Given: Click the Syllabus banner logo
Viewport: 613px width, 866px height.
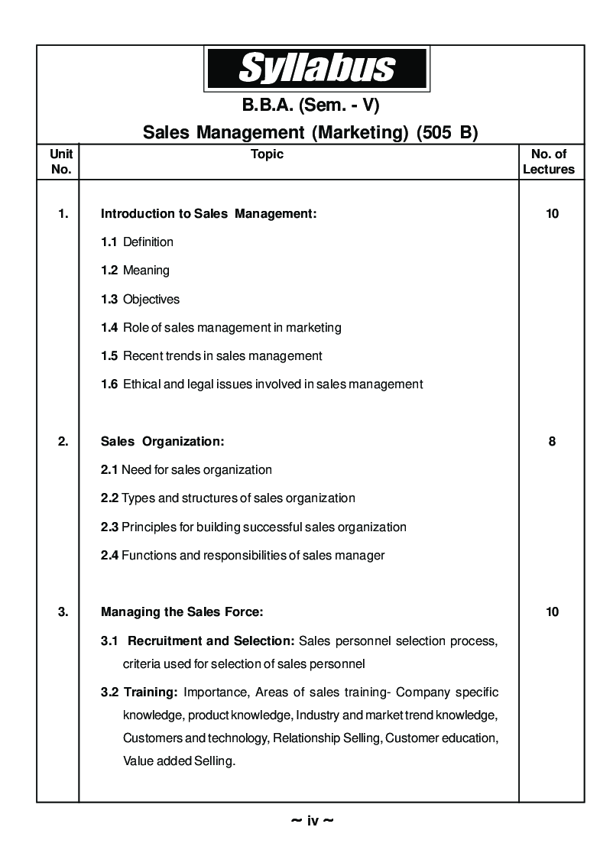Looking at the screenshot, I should pyautogui.click(x=316, y=68).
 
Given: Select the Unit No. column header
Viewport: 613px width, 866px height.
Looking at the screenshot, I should pyautogui.click(x=60, y=161).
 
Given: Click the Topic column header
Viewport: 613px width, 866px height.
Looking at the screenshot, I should pyautogui.click(x=267, y=154).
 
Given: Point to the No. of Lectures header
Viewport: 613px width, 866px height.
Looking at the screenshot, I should pyautogui.click(x=548, y=161).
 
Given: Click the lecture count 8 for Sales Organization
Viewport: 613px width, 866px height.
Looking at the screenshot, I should pyautogui.click(x=552, y=442).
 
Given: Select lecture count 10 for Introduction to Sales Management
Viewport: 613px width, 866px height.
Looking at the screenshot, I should pyautogui.click(x=552, y=214).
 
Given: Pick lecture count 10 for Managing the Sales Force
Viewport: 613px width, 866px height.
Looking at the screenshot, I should pyautogui.click(x=552, y=611).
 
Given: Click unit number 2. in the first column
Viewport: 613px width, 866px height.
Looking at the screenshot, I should pyautogui.click(x=63, y=442).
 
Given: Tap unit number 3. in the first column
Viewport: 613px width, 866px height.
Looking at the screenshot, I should pyautogui.click(x=63, y=611).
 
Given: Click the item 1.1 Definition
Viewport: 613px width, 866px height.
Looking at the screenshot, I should pyautogui.click(x=138, y=242).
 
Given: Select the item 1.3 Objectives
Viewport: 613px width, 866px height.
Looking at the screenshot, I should pyautogui.click(x=141, y=300).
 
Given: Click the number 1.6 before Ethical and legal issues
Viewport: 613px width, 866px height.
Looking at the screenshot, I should pyautogui.click(x=109, y=384).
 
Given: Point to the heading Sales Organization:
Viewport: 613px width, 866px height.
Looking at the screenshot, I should pyautogui.click(x=163, y=442).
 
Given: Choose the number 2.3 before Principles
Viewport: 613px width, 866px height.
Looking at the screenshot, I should pyautogui.click(x=109, y=527).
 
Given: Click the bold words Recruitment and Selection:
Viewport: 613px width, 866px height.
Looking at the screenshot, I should pyautogui.click(x=211, y=640).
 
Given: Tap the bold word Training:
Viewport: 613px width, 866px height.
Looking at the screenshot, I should pyautogui.click(x=151, y=692).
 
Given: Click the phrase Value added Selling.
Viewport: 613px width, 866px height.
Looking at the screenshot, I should pyautogui.click(x=179, y=761).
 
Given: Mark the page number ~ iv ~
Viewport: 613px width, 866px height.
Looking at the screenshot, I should pyautogui.click(x=312, y=821).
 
